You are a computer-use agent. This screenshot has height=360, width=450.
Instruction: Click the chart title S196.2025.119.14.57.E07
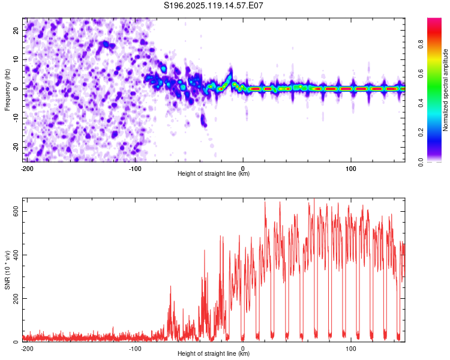(214, 5)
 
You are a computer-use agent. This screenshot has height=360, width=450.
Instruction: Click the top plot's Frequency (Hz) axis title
(7, 90)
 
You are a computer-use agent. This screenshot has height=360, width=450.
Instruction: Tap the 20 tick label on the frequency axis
(16, 31)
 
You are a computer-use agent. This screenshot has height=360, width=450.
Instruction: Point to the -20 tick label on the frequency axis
(16, 147)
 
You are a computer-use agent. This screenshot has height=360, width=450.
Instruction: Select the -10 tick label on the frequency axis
(16, 118)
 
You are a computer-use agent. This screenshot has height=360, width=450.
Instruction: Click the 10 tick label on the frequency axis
(16, 59)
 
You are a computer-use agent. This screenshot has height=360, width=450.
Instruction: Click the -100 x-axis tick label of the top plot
(135, 169)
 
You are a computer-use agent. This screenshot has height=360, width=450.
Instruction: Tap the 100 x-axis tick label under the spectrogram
(351, 169)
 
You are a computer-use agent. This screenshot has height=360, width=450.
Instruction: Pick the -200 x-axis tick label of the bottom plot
(27, 349)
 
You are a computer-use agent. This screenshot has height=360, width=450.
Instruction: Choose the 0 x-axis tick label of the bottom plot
(243, 349)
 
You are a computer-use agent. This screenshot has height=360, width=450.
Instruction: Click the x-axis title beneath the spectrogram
(214, 173)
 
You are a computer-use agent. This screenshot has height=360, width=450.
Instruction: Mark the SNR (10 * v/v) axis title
(7, 270)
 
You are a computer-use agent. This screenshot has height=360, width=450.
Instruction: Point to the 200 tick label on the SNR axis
(16, 299)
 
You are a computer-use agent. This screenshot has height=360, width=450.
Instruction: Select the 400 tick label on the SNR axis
(16, 255)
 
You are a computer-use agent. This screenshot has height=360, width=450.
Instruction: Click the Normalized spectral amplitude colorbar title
(445, 90)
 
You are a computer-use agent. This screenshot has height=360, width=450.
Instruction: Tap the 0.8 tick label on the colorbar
(421, 44)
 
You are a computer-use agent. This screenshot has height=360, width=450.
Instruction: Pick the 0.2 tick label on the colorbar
(421, 133)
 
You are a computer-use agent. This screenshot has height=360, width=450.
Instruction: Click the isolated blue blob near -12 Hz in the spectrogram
(203, 120)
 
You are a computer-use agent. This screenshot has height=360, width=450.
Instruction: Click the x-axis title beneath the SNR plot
(214, 353)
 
